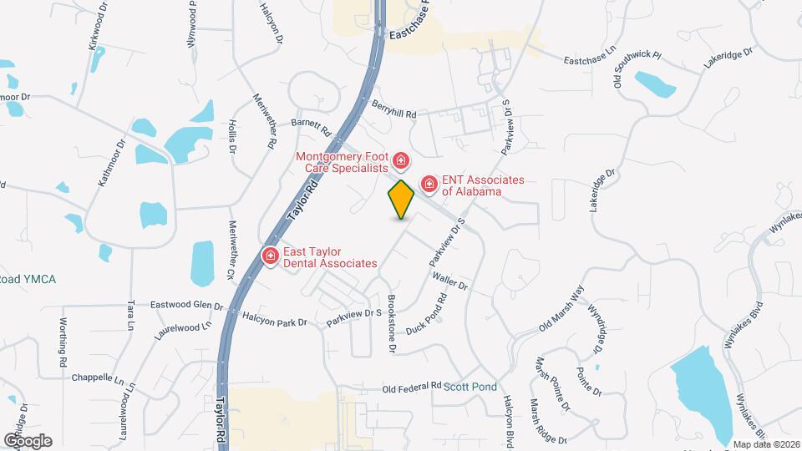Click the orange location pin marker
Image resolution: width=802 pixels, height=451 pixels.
401,200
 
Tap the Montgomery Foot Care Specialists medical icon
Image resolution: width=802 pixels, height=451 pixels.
401,160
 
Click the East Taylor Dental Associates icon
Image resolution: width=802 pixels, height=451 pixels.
271,255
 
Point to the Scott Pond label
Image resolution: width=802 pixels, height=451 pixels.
470,387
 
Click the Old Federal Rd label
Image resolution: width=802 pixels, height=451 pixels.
411,388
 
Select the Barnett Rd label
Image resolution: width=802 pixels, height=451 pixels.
312,126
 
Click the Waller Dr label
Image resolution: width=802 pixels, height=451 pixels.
449,282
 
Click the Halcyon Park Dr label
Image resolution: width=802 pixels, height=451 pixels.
276,318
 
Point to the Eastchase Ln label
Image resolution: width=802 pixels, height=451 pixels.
593,60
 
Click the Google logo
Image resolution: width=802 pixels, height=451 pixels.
28,440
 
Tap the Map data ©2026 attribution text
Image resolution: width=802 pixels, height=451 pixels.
765,444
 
